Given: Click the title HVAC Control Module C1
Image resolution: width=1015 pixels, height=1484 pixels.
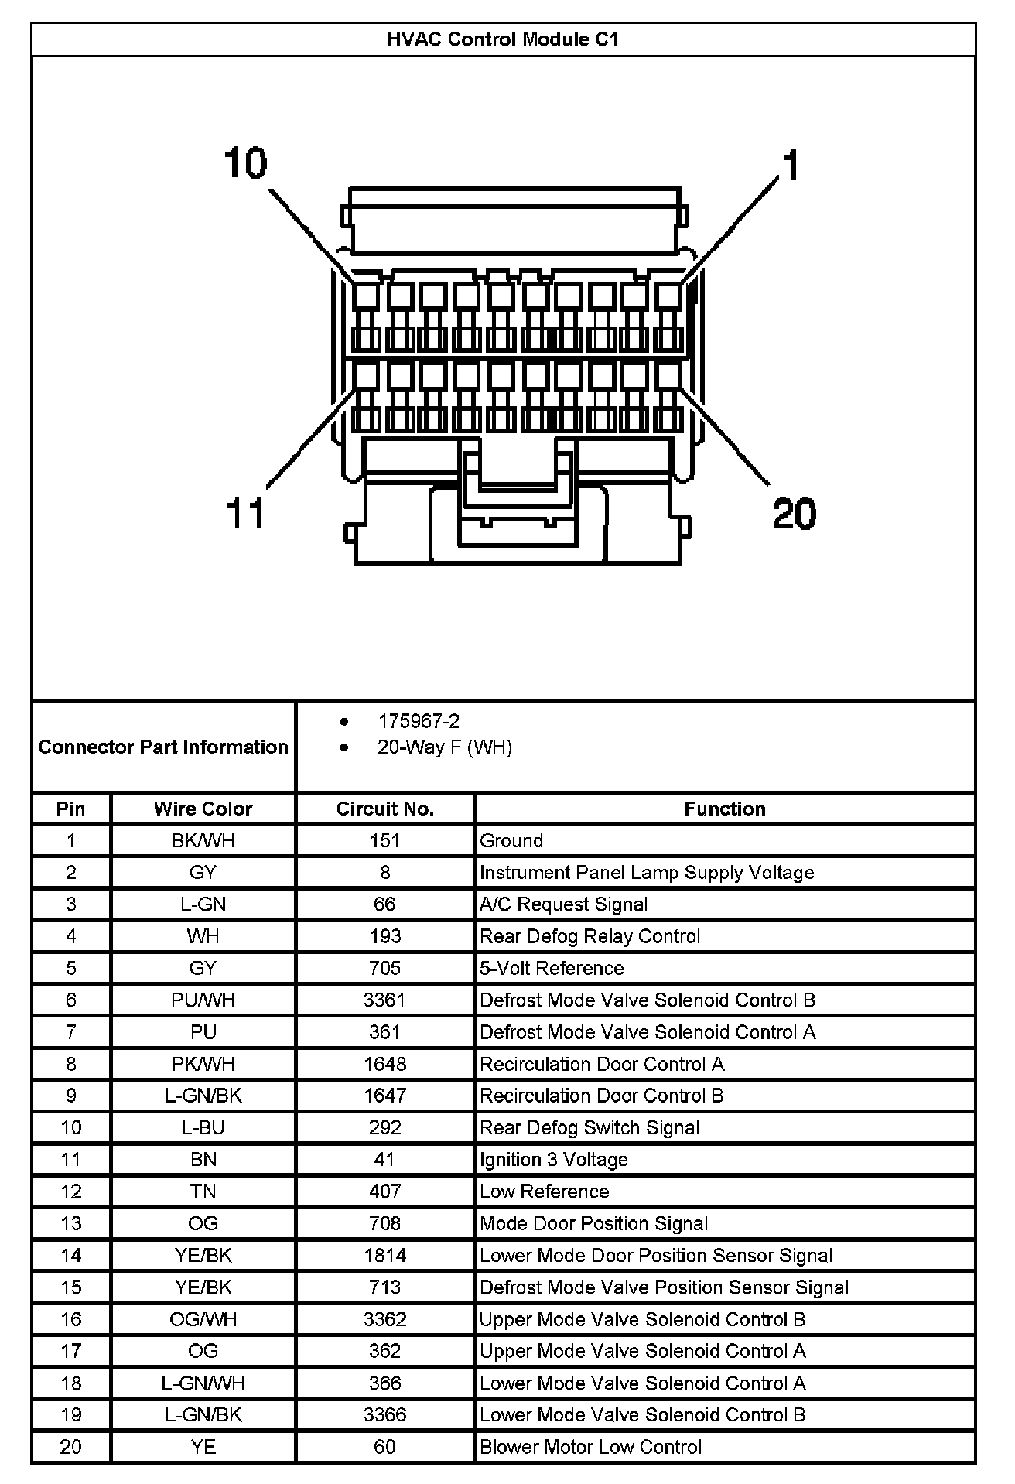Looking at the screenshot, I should tap(503, 39).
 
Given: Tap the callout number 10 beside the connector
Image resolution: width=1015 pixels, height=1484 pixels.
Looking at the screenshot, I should tap(245, 163).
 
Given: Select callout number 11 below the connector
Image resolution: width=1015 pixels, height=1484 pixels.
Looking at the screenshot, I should tap(245, 513).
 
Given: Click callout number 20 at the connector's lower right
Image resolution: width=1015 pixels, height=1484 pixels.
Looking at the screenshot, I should tap(794, 513).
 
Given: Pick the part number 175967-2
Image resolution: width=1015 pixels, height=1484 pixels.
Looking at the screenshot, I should tap(419, 721).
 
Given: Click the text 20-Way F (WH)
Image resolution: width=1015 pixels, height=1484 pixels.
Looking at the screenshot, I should tap(445, 747).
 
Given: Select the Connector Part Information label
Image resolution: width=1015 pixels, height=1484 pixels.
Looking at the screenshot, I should tap(163, 747).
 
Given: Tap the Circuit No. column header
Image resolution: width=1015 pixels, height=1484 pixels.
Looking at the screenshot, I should tap(384, 809).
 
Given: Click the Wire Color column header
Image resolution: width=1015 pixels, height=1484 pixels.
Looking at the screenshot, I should tap(203, 809).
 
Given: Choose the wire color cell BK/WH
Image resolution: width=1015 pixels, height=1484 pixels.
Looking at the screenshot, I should tap(203, 841).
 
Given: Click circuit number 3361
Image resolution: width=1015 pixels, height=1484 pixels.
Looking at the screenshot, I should tap(384, 1000).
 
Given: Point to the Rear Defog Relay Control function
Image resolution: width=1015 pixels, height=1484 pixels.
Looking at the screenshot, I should tap(590, 936).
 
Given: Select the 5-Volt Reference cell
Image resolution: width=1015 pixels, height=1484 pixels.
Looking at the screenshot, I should tap(552, 969).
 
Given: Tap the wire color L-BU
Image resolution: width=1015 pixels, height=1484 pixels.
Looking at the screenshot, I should tap(203, 1128).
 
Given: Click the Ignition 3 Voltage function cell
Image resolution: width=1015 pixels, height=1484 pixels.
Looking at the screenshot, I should tap(554, 1160).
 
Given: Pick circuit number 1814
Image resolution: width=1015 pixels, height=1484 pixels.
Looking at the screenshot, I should tap(384, 1256).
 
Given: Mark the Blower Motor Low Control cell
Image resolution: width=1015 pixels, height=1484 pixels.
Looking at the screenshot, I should tap(591, 1447).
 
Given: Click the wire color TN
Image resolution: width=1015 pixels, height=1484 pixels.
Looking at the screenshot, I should tap(203, 1192).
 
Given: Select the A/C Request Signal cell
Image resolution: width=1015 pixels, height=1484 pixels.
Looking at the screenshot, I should tap(564, 904).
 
